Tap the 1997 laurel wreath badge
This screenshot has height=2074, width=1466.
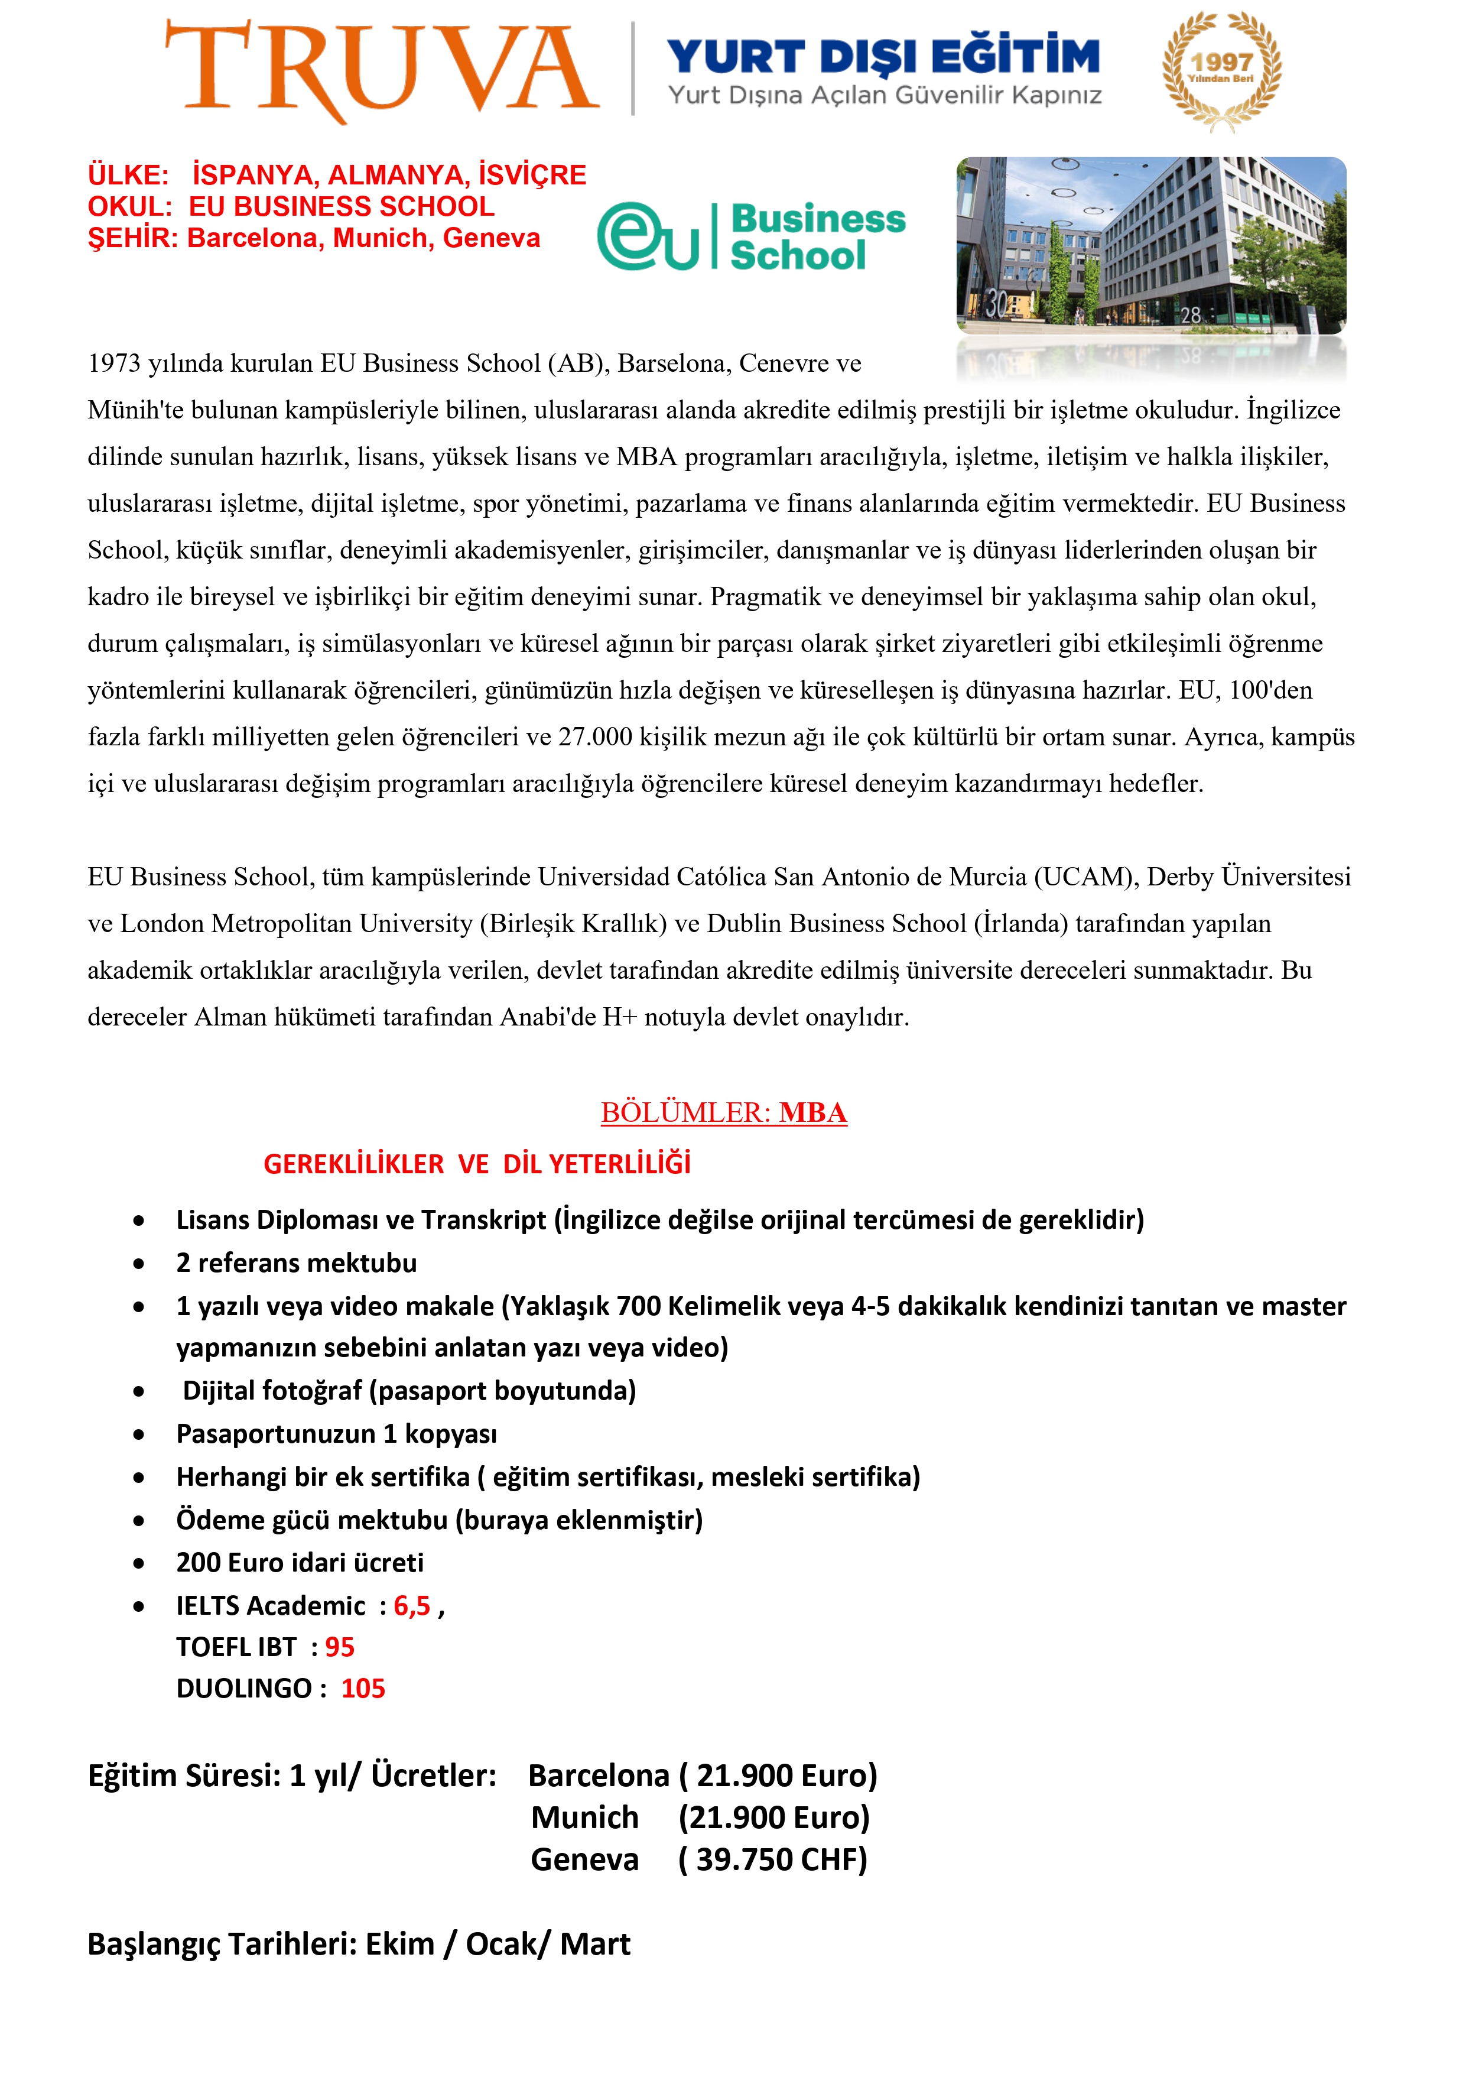pyautogui.click(x=1221, y=70)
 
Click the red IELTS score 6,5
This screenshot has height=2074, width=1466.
pyautogui.click(x=412, y=1605)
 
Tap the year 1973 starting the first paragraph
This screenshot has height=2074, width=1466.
pyautogui.click(x=114, y=363)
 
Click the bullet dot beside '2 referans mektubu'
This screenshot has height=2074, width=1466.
pyautogui.click(x=138, y=1264)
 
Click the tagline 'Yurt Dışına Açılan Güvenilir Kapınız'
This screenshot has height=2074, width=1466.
pyautogui.click(x=885, y=96)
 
